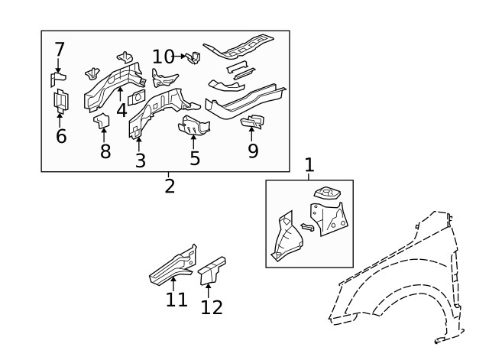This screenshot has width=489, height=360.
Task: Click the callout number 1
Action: [x=309, y=164]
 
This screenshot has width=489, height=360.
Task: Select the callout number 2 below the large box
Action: [x=169, y=185]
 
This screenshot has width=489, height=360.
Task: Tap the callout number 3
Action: [x=140, y=161]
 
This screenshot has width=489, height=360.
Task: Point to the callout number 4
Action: [x=121, y=110]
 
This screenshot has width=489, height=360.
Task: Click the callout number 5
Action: [x=195, y=158]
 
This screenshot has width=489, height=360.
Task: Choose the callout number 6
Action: [x=61, y=136]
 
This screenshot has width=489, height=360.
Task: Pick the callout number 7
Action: [x=60, y=50]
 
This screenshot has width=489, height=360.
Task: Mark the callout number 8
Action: [x=105, y=151]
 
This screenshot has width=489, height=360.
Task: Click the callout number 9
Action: [x=253, y=151]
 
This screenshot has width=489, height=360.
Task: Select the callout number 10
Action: [x=164, y=57]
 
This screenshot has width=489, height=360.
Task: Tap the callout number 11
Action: [x=176, y=300]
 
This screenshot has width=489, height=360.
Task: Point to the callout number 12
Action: [x=212, y=307]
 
